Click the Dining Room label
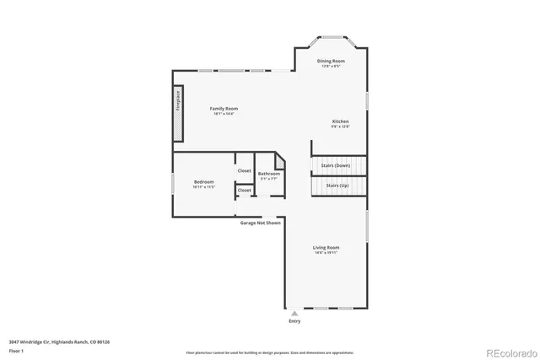click(331, 61)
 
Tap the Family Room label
click(224, 108)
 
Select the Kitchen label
click(340, 121)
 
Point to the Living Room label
click(326, 247)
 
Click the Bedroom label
click(203, 181)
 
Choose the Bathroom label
click(268, 174)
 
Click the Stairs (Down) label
click(336, 165)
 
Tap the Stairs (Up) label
click(337, 185)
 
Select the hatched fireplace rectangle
click(178, 112)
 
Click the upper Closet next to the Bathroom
click(244, 170)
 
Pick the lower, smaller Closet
click(244, 191)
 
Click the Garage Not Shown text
click(259, 223)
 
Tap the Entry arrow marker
click(294, 313)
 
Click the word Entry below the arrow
click(294, 321)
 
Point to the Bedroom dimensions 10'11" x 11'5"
click(203, 186)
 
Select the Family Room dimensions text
click(224, 114)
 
